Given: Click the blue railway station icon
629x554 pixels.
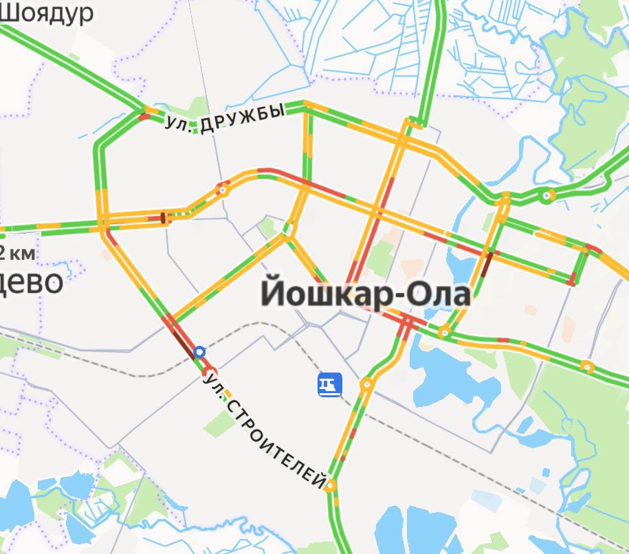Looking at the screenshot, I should pos(329,385).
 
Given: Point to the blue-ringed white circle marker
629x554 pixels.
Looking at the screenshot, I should pos(199,352).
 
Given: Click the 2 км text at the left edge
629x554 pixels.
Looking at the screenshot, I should pos(16,252).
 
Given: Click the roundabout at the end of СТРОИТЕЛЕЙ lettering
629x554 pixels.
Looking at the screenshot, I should pos(331,485).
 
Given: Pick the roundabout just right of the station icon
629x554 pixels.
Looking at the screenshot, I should pos(366,384).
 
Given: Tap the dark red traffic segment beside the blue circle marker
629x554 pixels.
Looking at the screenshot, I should pos(184,342).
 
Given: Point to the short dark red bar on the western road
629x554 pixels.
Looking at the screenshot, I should pos(163,218).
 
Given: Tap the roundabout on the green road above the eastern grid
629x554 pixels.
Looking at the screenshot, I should pos(547,195).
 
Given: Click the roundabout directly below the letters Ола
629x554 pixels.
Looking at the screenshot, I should pos(445,333).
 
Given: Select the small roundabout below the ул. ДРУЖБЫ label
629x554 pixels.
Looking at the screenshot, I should pos(223,190).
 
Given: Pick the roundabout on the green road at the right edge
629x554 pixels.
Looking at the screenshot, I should pos(586,366).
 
